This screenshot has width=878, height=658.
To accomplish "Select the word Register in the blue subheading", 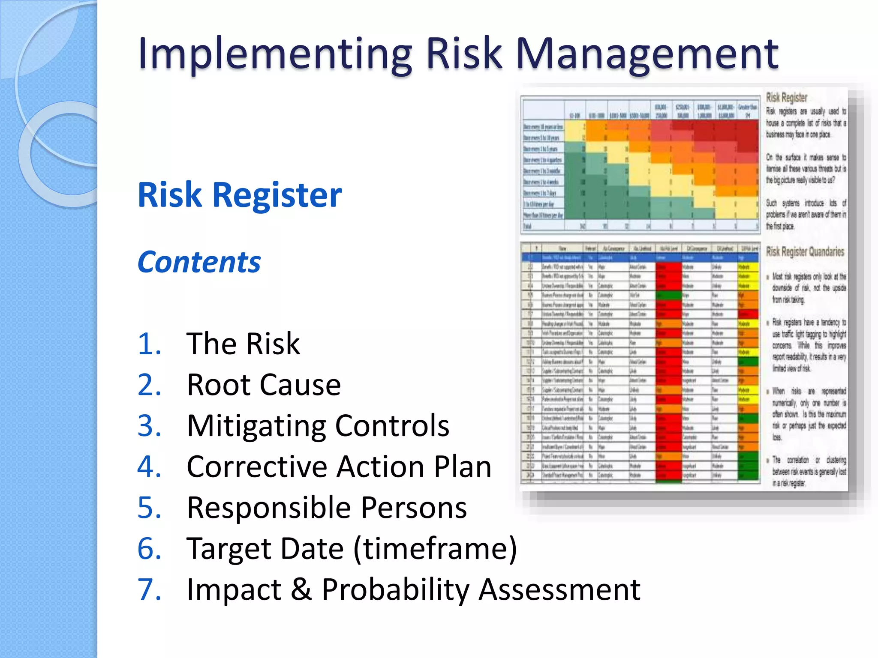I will pos(277,195).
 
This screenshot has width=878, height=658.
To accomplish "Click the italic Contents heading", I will pos(199,262).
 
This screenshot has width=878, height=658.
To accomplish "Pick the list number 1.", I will pos(149,344).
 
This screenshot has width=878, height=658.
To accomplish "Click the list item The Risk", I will pos(243,344).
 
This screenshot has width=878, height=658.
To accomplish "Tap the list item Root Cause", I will pos(264,385).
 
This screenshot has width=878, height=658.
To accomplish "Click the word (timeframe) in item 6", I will pos(435,549).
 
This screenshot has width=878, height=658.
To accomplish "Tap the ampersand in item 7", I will pos(301,589).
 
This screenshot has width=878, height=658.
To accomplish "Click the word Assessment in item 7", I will pos(559,589).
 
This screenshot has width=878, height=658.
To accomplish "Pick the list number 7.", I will pos(149,589).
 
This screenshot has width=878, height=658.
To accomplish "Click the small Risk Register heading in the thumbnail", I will pos(786,98).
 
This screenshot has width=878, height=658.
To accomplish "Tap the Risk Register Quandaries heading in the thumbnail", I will pos(805,251).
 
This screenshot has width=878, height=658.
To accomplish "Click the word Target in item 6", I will pos(265,549).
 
